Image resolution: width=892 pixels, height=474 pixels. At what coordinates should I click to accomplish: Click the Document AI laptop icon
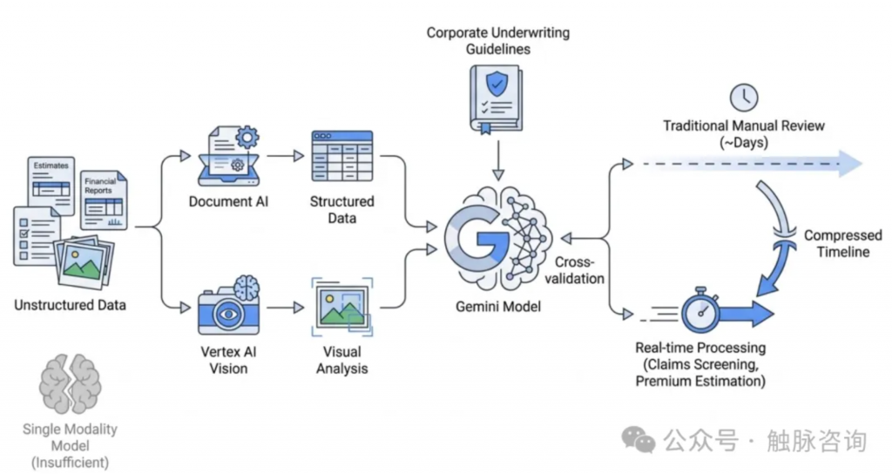click(229, 156)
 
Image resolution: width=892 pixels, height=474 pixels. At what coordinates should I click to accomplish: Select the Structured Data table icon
click(341, 157)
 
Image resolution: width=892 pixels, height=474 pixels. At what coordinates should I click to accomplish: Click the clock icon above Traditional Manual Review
click(744, 98)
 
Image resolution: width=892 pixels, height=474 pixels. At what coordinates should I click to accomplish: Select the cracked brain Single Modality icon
click(70, 384)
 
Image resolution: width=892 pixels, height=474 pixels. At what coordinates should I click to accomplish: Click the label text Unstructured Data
click(70, 305)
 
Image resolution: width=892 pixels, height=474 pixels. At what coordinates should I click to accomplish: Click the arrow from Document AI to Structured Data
click(281, 156)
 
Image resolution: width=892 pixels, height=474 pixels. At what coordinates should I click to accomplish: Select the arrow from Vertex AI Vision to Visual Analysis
click(280, 308)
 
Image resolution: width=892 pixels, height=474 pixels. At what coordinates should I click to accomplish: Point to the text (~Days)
click(743, 142)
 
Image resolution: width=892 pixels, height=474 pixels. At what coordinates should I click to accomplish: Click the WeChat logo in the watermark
click(643, 441)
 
